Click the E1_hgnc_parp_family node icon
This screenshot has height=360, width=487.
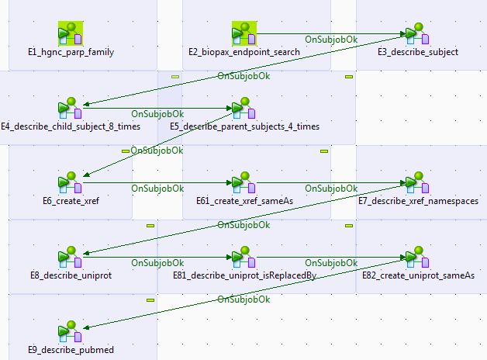(x=71, y=33)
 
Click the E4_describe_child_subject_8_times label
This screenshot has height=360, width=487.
(x=71, y=126)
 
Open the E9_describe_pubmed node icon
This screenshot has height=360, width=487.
(x=71, y=331)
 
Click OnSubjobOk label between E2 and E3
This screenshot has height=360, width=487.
(x=331, y=39)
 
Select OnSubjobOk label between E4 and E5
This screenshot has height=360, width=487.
(x=157, y=113)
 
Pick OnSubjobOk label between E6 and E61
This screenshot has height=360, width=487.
(x=157, y=188)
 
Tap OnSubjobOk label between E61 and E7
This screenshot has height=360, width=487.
(x=331, y=188)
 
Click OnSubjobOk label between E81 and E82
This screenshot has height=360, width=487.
(x=331, y=262)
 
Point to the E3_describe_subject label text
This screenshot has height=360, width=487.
(x=418, y=52)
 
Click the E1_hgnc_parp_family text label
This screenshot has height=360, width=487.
(x=71, y=52)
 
